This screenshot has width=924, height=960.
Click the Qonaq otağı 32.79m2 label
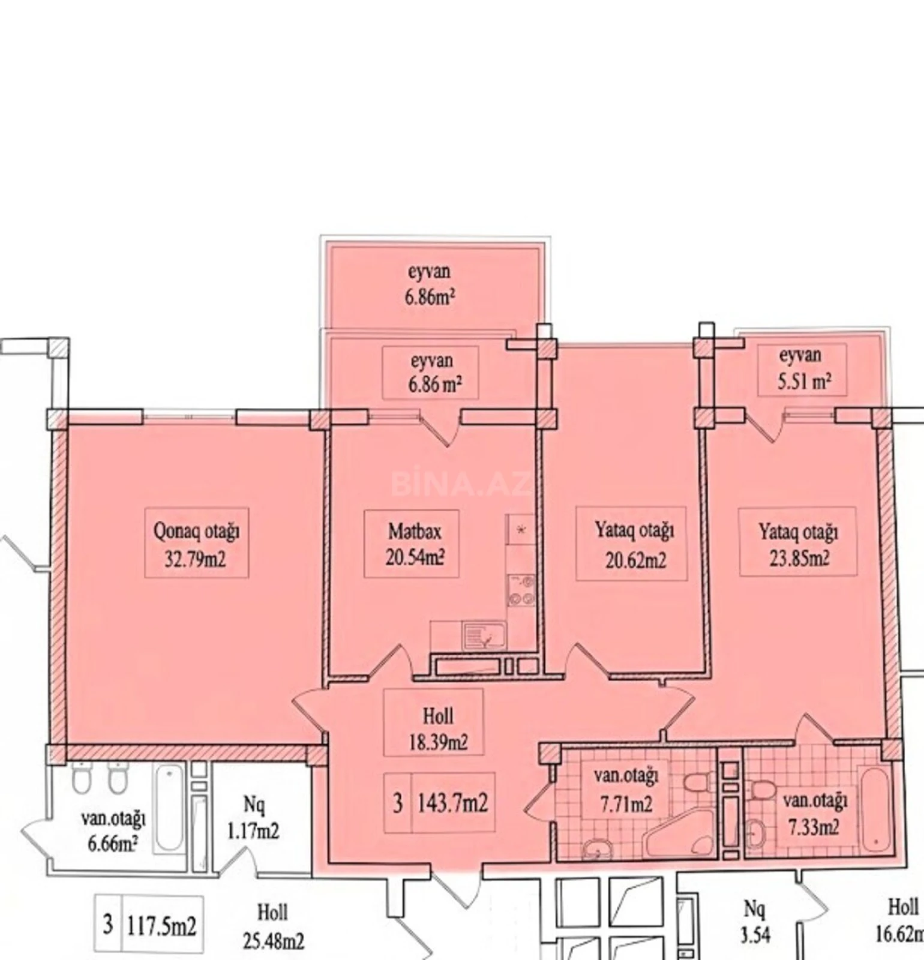click(x=196, y=545)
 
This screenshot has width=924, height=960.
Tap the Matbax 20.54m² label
click(x=415, y=544)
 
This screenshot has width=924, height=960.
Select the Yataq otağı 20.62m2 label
click(x=634, y=545)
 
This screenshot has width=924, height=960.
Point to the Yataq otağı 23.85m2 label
click(x=799, y=544)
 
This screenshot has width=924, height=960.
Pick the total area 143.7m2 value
click(x=452, y=802)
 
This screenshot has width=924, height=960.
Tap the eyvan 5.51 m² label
click(x=803, y=368)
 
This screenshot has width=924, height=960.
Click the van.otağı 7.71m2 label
click(x=626, y=789)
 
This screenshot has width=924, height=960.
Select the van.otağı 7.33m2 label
click(x=814, y=814)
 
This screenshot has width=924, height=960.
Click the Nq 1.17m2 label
click(x=253, y=817)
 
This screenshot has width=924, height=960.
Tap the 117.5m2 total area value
click(x=161, y=925)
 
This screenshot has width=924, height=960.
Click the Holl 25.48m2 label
click(x=273, y=926)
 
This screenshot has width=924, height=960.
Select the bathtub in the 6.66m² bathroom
click(x=169, y=808)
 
